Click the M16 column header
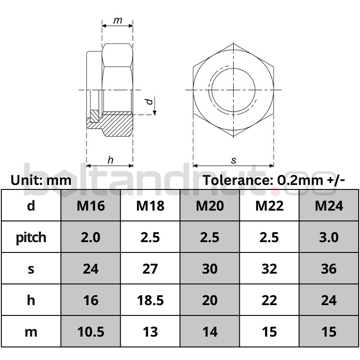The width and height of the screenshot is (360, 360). pos(91,206)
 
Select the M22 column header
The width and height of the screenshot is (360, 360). pos(269,206)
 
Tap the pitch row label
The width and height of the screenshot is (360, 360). pos(31,238)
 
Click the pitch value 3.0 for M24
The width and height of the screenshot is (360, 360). pos(329,237)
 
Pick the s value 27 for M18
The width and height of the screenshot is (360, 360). pos(150,269)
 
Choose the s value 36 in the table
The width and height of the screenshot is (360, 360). pos(329,269)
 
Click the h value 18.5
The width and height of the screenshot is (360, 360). pos(150,300)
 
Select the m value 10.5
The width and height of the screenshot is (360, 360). pos(91,332)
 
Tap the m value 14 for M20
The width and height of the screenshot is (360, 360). pos(210,332)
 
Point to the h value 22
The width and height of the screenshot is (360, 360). pos(269,300)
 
